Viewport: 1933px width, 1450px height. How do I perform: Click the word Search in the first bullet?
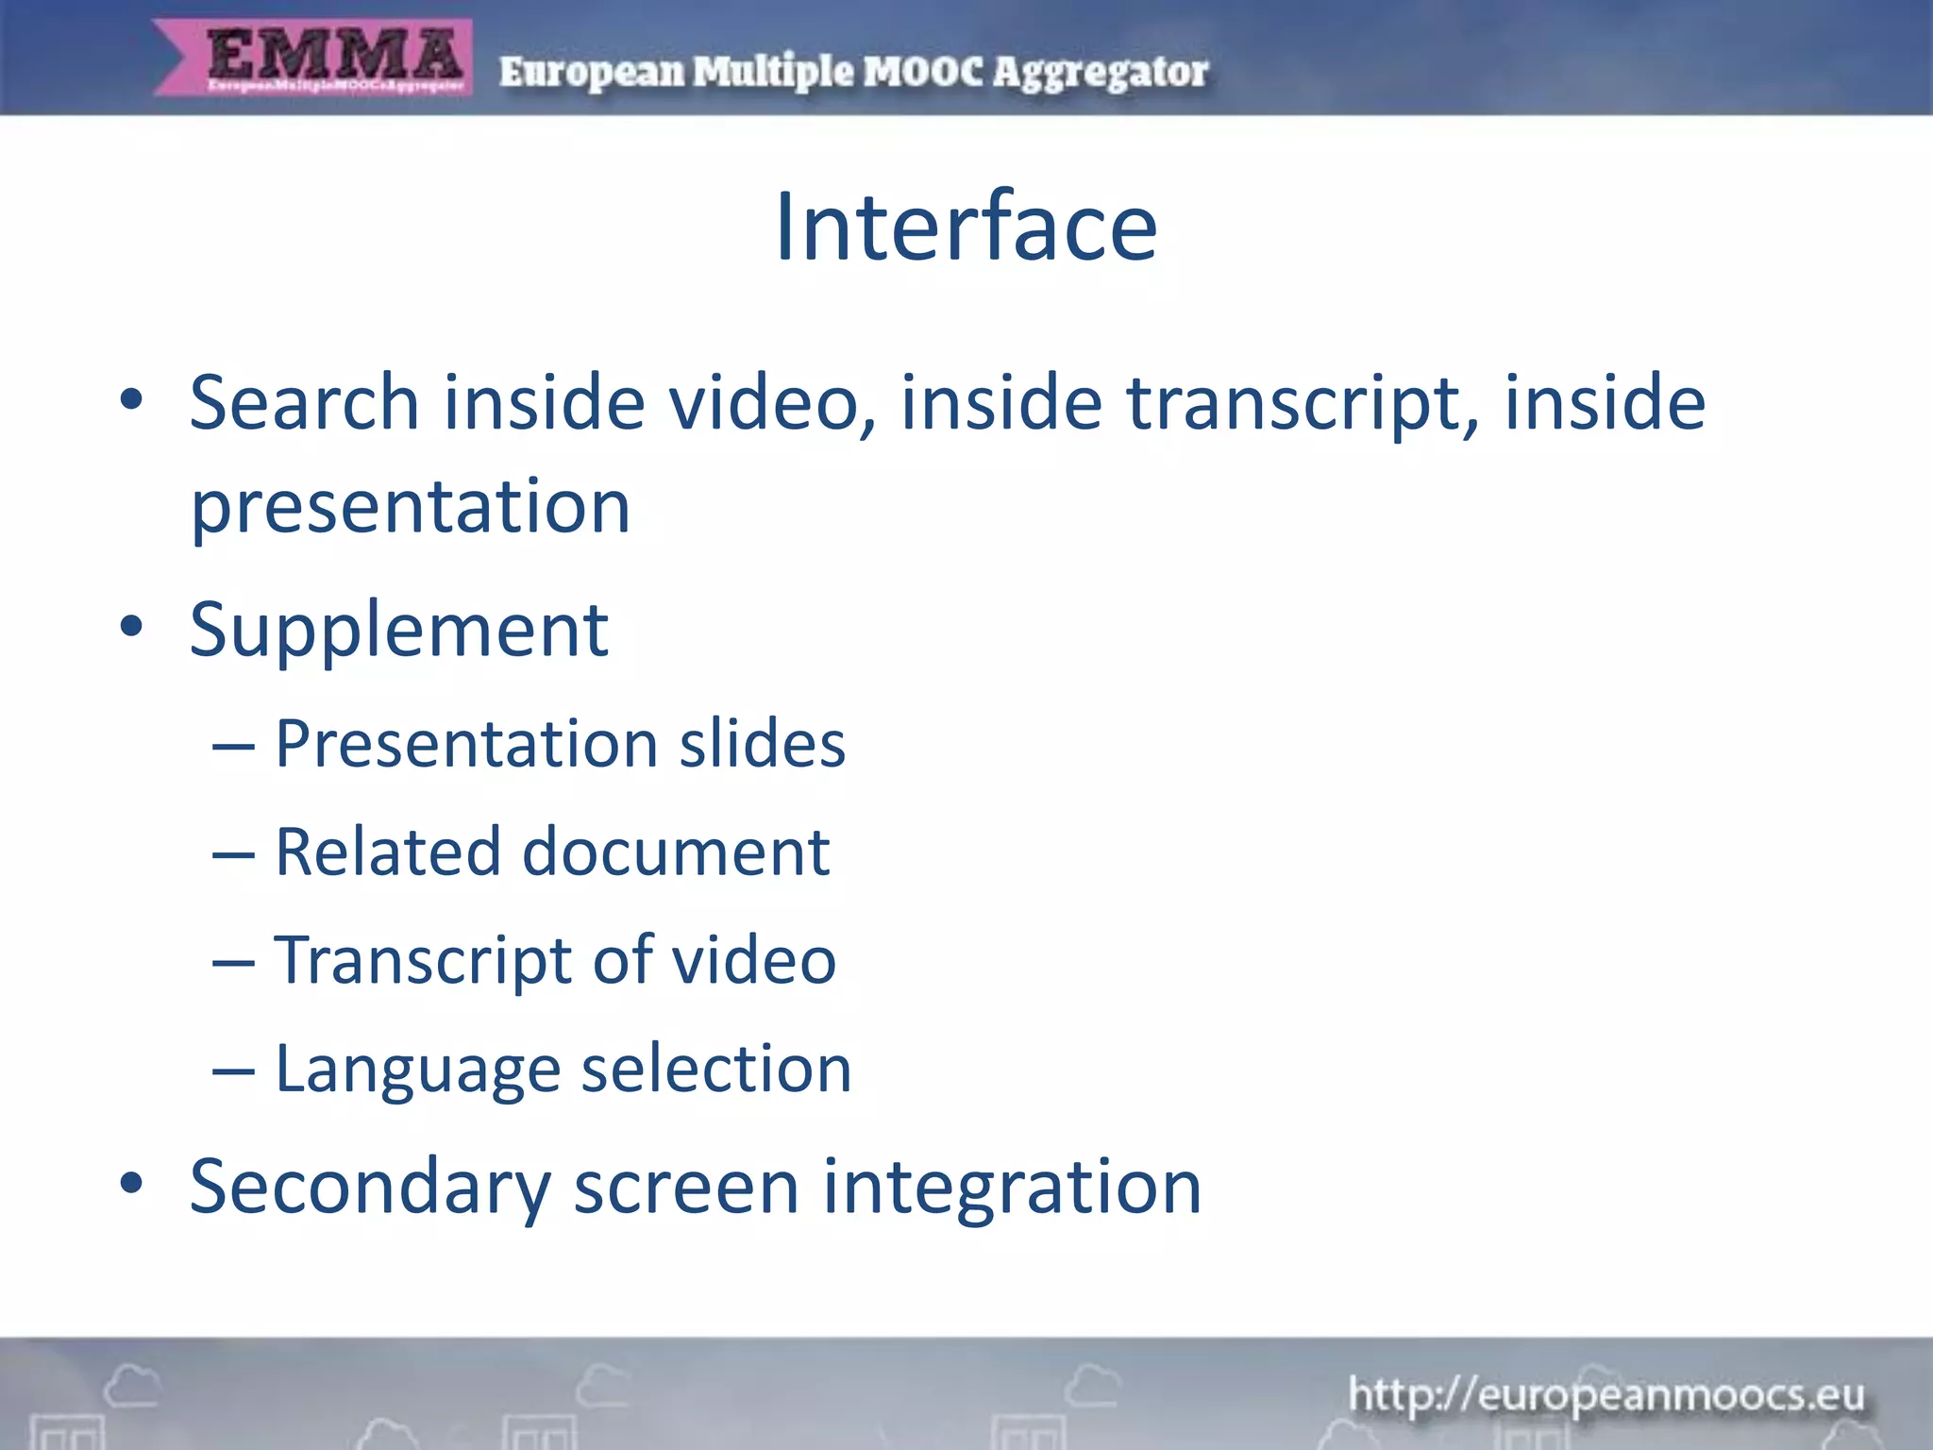[304, 402]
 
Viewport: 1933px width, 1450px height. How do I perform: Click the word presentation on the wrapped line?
[411, 507]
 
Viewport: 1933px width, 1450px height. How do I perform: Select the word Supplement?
[398, 630]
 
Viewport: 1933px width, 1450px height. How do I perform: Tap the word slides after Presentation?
[762, 744]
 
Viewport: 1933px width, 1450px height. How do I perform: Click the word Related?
[386, 851]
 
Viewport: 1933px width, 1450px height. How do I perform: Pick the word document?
[676, 851]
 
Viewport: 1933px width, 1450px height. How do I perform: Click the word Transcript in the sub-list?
[422, 961]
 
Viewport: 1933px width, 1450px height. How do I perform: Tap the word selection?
[716, 1070]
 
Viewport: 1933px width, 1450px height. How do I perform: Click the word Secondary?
[370, 1187]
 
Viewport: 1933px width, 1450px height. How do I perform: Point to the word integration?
[1012, 1187]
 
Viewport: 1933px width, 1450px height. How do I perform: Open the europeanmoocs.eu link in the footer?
[1605, 1394]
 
